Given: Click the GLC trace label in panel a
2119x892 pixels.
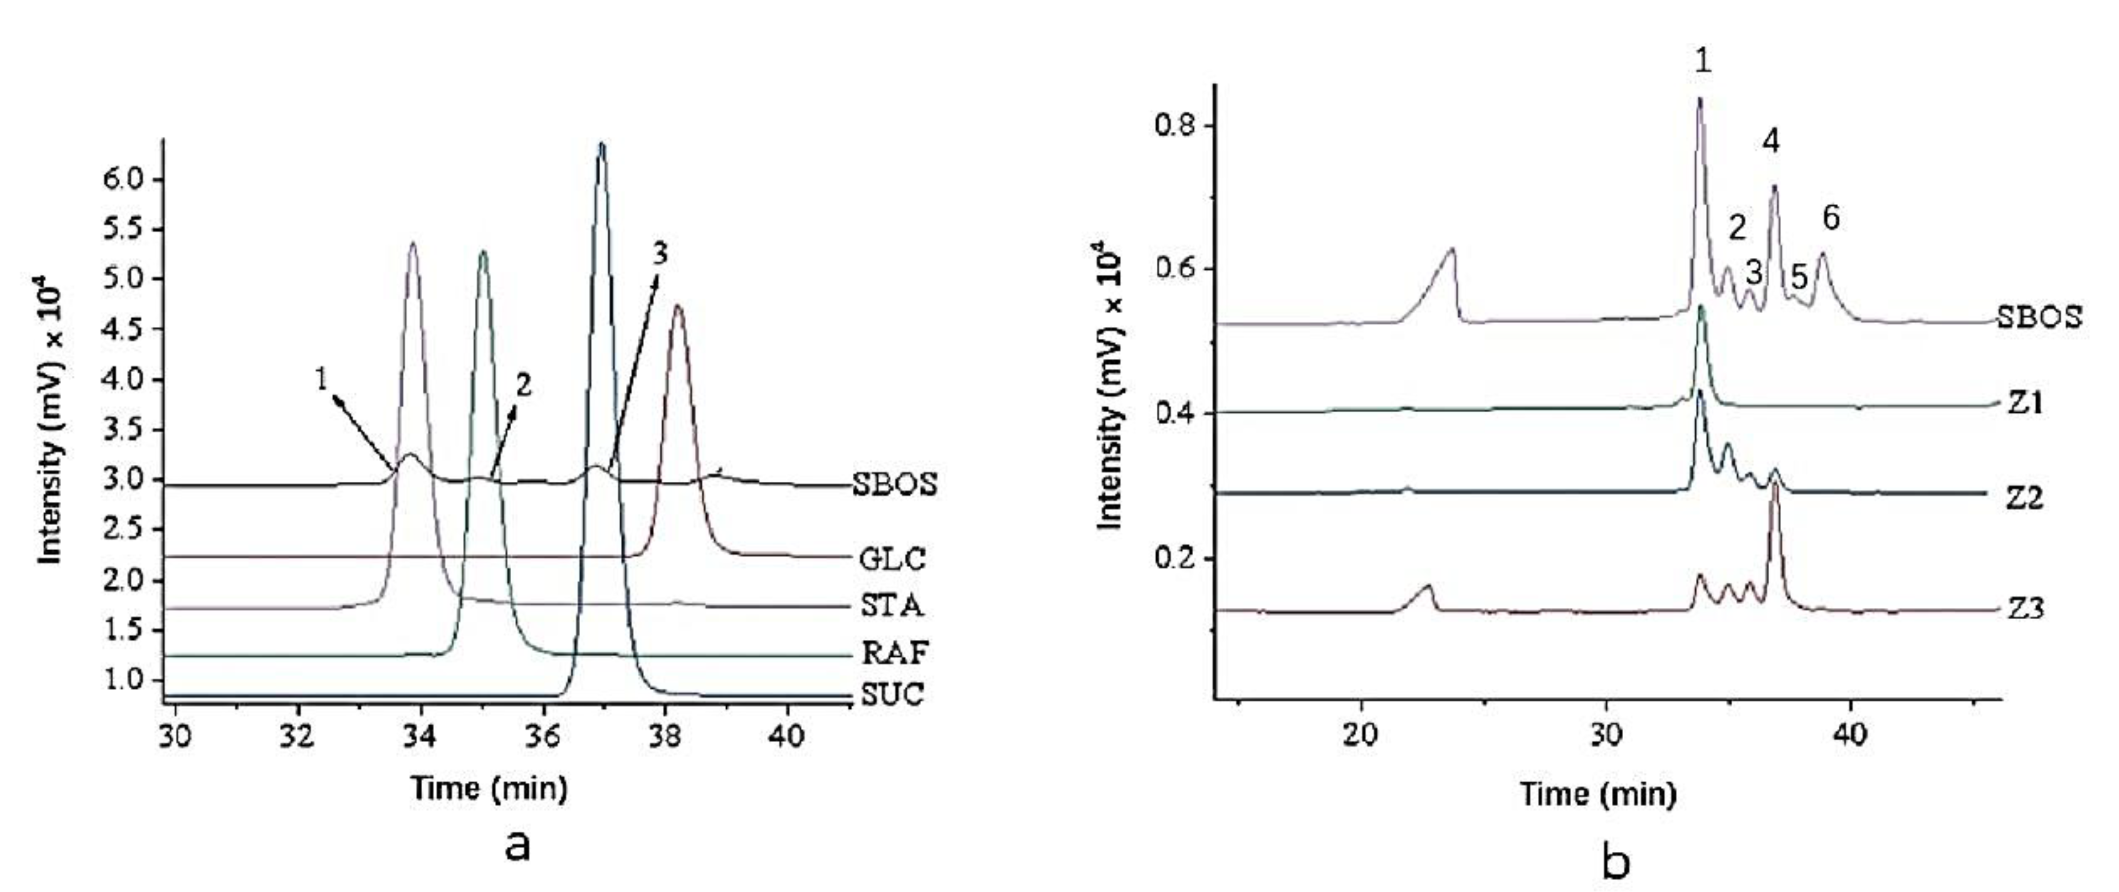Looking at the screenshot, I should click(x=892, y=559).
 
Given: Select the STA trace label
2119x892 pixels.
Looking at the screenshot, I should click(x=892, y=606).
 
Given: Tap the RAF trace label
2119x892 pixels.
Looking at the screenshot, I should click(x=894, y=653).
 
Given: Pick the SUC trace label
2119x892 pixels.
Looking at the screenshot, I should click(x=892, y=695).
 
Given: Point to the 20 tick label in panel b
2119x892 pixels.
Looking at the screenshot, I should click(x=1360, y=736).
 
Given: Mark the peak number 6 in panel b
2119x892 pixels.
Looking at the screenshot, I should click(x=1830, y=218).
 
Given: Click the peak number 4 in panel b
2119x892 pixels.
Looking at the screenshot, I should click(x=1771, y=142).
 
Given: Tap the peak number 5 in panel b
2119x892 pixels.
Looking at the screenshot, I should click(x=1799, y=277).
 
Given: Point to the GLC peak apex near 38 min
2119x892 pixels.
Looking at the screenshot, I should click(x=678, y=307).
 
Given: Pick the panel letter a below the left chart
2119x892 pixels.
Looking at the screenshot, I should click(x=517, y=845).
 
